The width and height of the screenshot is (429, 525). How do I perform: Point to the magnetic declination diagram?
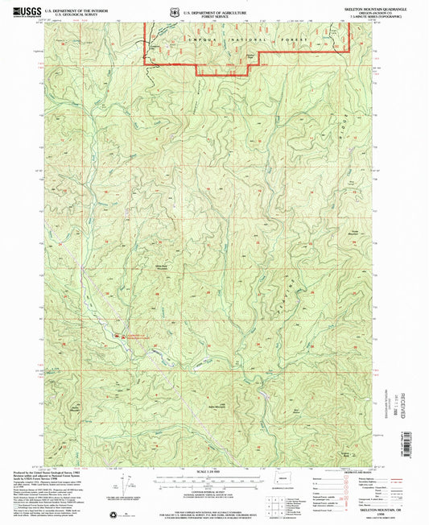122,487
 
